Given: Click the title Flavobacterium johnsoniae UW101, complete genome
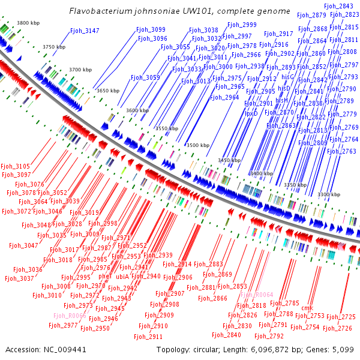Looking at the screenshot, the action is click(179, 11).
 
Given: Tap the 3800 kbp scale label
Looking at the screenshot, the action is click(28, 23).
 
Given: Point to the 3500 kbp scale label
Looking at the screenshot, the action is click(198, 145).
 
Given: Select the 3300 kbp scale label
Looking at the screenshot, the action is click(329, 194).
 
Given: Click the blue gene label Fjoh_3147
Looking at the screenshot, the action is click(85, 31).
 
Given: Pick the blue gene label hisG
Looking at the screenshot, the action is click(287, 77).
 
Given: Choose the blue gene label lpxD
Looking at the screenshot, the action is click(251, 113).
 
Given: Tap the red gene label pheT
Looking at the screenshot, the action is click(106, 276).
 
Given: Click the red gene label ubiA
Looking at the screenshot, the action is click(122, 277).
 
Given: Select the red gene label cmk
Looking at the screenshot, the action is click(307, 308).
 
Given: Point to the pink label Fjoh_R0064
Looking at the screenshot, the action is click(257, 295).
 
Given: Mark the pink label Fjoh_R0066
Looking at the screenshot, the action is click(70, 316).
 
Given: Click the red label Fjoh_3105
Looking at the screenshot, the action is click(16, 166).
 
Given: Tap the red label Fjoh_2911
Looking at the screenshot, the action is click(148, 337).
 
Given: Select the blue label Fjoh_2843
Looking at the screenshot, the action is click(338, 6).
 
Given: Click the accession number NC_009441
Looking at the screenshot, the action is click(65, 350).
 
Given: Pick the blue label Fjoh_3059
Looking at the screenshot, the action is click(145, 77).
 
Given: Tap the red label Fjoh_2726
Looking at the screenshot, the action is click(337, 328).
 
